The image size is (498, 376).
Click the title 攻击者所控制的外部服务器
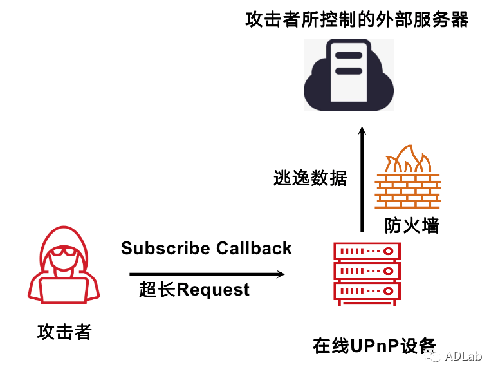357,19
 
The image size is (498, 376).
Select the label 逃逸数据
310,178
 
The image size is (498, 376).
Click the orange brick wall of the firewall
408,190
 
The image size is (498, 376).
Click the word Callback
254,249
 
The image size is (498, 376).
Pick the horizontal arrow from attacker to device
206,274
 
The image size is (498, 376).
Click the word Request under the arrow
213,290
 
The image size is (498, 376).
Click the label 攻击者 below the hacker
64,333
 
